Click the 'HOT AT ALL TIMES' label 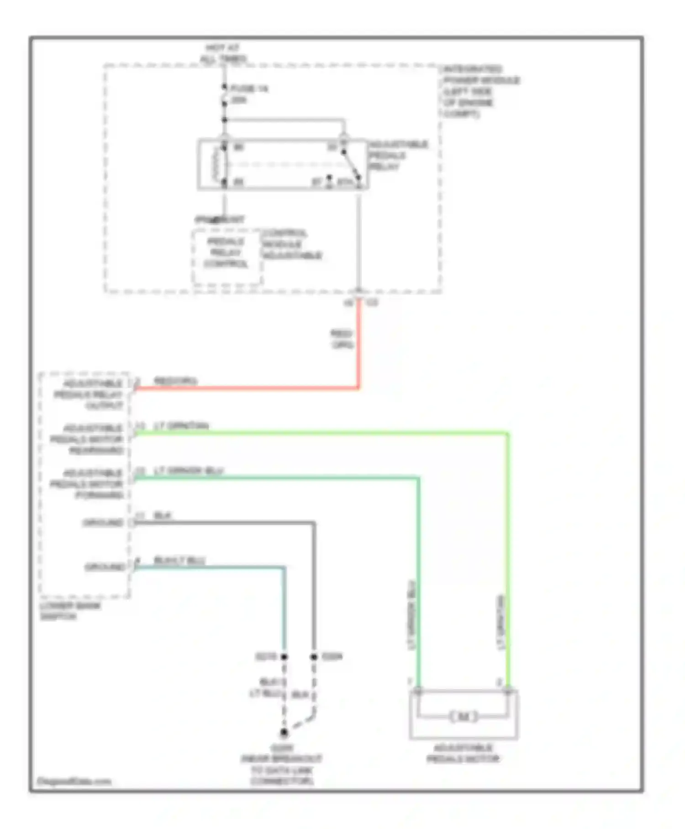click(223, 53)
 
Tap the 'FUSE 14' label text click(249, 89)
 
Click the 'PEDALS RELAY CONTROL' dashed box click(227, 259)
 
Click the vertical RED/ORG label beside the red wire click(342, 339)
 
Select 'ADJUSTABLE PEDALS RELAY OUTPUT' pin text click(89, 394)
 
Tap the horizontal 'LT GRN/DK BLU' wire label click(188, 470)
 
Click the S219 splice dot click(284, 657)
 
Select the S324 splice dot click(314, 657)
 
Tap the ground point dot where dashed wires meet click(284, 733)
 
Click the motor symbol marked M click(463, 717)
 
